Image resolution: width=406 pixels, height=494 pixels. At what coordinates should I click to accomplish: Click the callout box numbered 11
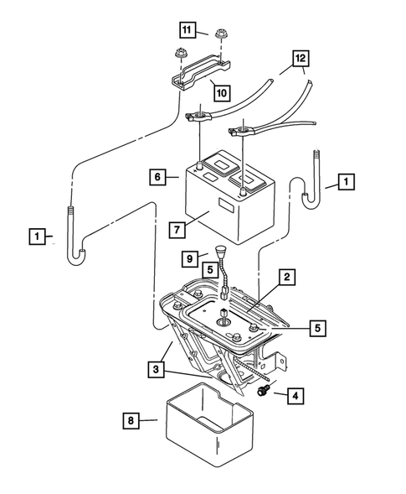189,31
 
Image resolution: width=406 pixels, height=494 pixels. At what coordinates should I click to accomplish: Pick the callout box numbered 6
156,177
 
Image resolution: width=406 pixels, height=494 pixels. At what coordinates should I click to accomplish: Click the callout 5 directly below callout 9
210,272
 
